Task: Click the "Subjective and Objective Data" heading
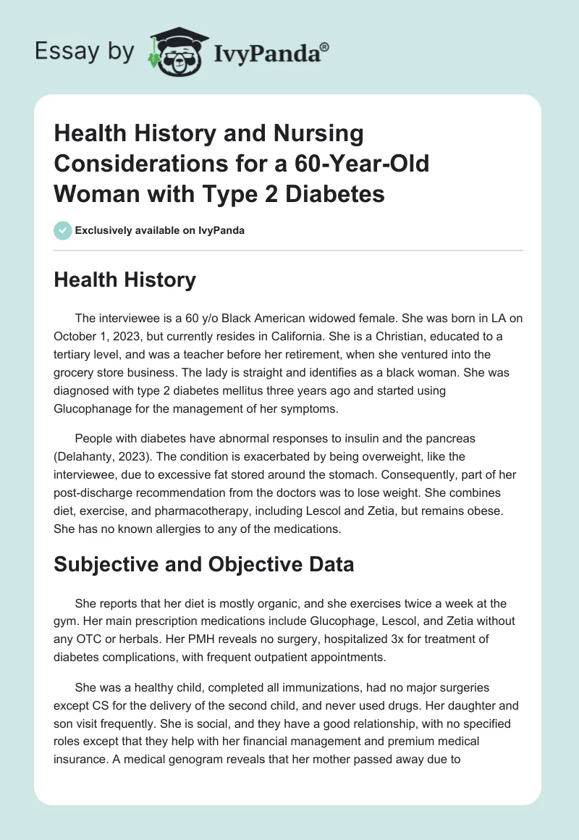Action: click(x=204, y=564)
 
